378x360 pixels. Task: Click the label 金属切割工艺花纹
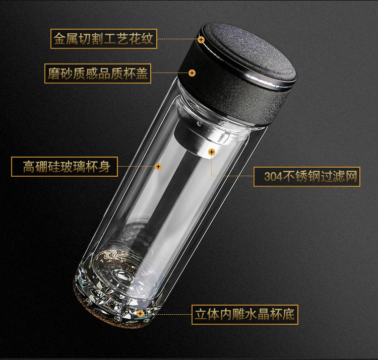coord(104,39)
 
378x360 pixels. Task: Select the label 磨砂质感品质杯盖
coord(98,74)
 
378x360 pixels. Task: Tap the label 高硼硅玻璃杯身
coord(65,167)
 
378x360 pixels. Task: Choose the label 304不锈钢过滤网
coord(307,177)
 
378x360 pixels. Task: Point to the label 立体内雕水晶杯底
coord(244,315)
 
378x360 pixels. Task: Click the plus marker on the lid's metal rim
coord(201,39)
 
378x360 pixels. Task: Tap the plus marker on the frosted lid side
coord(192,73)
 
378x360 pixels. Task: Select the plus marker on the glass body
coord(158,166)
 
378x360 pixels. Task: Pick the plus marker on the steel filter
coord(212,152)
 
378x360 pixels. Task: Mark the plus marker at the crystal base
coord(140,314)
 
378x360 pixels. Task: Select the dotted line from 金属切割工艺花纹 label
coord(177,39)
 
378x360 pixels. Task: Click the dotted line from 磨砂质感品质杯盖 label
coord(170,73)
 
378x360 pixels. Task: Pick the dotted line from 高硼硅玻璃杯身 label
coord(136,166)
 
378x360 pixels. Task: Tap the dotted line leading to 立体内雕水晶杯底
coord(167,314)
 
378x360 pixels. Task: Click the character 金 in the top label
coord(59,39)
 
